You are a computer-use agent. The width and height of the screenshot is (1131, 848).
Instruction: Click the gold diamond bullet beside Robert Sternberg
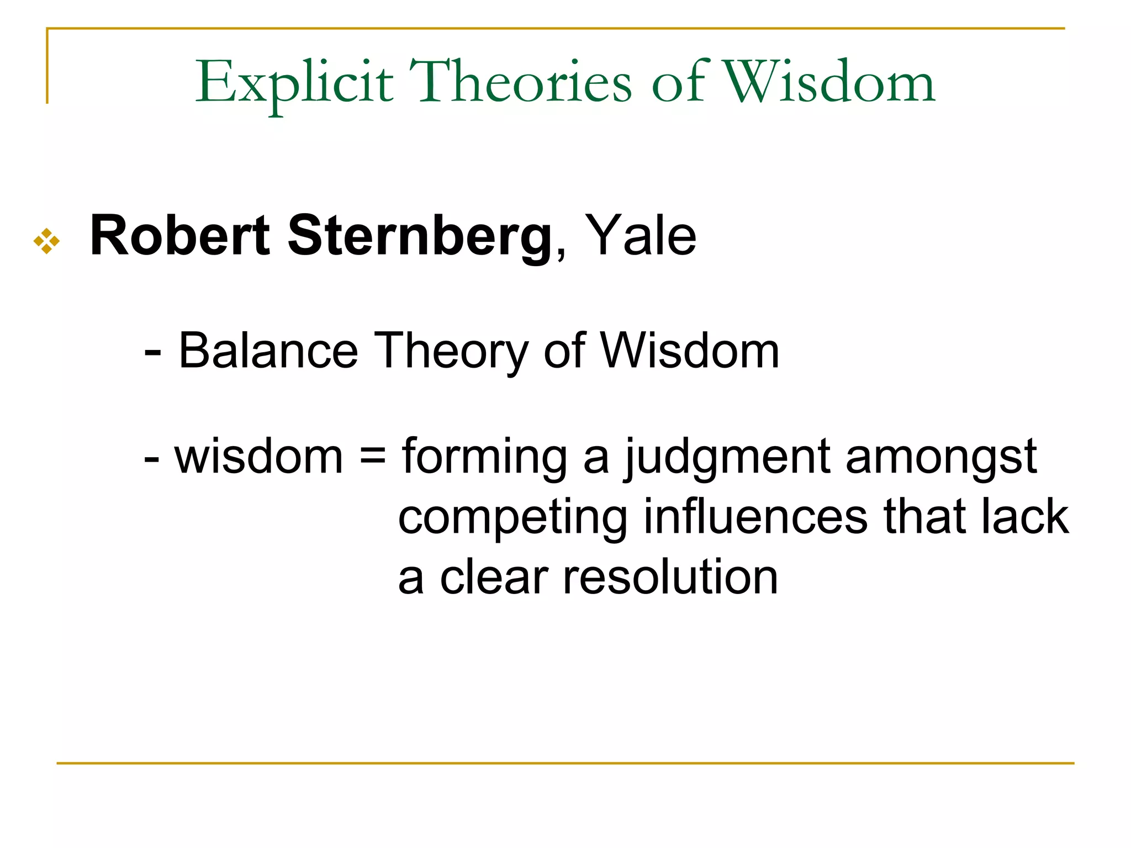(x=46, y=241)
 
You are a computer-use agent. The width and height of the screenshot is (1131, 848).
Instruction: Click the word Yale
(x=640, y=237)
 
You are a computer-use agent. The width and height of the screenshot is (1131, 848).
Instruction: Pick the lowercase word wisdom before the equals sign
(x=258, y=457)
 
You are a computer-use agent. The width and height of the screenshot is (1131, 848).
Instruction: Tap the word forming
(x=484, y=458)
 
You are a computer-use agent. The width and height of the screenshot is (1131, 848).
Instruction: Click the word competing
(x=512, y=518)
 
